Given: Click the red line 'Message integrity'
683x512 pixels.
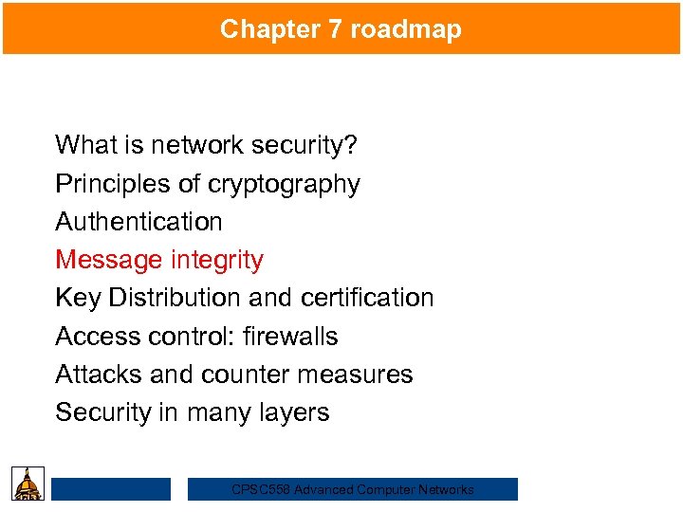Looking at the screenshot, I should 159,260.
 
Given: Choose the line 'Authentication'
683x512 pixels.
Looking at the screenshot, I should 138,222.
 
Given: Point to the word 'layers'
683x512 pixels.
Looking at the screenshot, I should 297,412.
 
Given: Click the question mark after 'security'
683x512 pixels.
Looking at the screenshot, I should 352,145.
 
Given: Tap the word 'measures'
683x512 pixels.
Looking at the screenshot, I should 365,375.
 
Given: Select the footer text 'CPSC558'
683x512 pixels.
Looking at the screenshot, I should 261,490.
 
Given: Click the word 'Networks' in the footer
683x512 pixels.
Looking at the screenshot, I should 446,490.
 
